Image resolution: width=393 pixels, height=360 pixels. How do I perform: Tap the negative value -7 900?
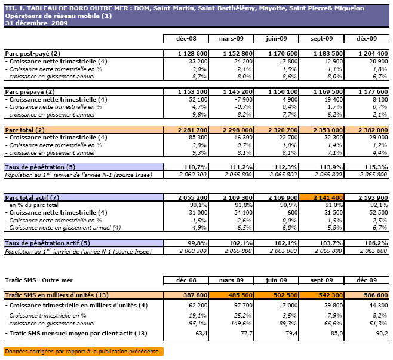click(x=240, y=99)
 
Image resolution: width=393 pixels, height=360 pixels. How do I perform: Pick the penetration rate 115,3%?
click(x=376, y=167)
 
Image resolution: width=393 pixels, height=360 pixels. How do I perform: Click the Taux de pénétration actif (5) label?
click(x=47, y=243)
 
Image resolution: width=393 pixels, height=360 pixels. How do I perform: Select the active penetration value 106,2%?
click(x=376, y=243)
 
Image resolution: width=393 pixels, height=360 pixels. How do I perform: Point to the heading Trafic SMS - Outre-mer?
click(x=39, y=280)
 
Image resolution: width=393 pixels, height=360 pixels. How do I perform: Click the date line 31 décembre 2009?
click(x=36, y=23)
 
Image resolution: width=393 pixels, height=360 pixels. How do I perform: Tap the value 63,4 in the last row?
click(x=198, y=333)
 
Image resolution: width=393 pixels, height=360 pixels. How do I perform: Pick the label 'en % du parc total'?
click(x=40, y=205)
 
